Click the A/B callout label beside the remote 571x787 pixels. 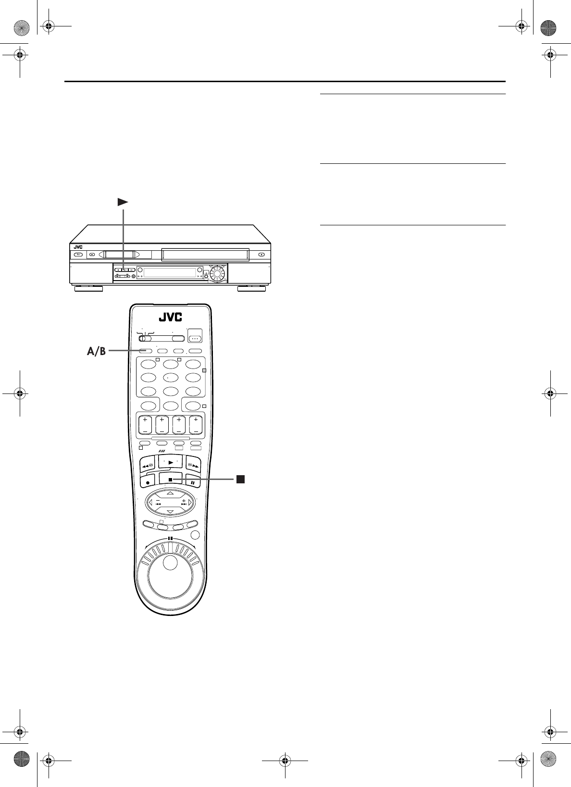96,351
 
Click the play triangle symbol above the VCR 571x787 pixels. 123,202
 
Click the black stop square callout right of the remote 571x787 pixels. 240,479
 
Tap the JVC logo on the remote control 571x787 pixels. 171,317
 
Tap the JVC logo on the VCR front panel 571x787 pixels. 78,247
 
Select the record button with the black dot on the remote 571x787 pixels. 148,482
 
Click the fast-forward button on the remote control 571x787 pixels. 193,465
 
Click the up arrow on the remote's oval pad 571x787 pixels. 171,493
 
